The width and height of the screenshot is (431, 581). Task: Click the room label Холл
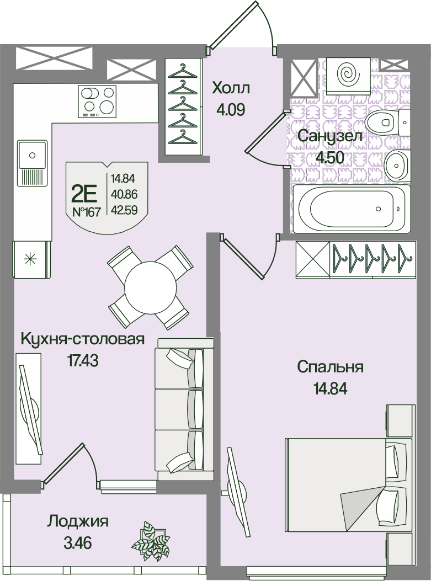click(231, 89)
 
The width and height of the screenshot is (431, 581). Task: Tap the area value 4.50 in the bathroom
click(330, 158)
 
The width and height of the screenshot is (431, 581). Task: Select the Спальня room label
click(330, 367)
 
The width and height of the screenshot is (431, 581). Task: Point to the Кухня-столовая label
click(82, 339)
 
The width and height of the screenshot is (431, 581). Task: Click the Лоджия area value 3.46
click(77, 543)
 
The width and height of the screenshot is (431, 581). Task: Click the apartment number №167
click(86, 212)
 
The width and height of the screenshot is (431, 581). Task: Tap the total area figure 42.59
click(124, 210)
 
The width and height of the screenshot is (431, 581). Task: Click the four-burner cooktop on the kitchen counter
click(97, 101)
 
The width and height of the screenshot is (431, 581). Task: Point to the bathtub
click(352, 209)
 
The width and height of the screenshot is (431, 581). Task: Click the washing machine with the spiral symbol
click(348, 76)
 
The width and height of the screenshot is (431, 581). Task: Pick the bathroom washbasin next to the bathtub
click(397, 166)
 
